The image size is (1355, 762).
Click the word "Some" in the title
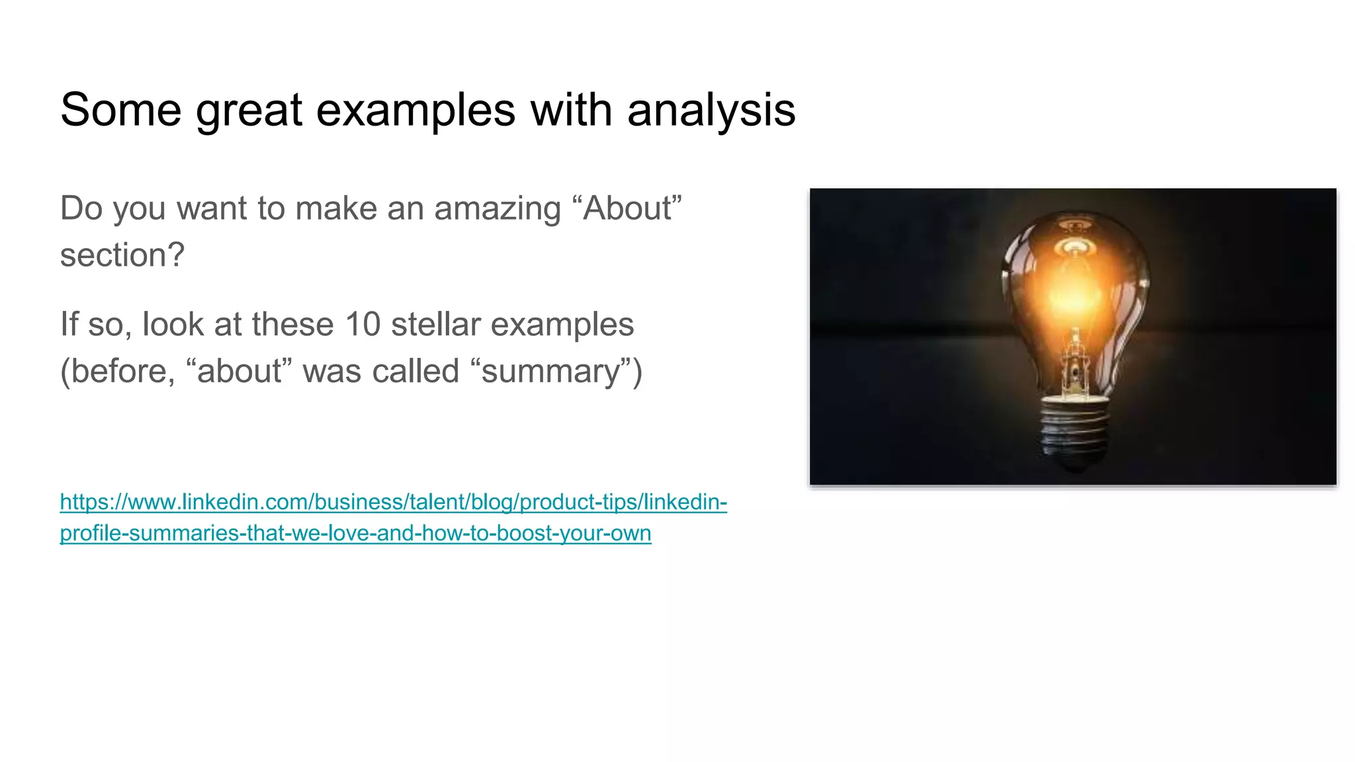120,110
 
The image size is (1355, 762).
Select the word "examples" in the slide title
415,110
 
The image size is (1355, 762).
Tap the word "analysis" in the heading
711,110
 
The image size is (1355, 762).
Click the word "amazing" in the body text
498,209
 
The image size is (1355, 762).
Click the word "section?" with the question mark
122,255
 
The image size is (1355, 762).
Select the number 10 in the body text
363,325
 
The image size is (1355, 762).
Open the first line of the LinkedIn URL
393,502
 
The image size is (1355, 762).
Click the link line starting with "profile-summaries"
355,533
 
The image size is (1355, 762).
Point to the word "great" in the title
249,110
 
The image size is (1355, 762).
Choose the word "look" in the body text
173,325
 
